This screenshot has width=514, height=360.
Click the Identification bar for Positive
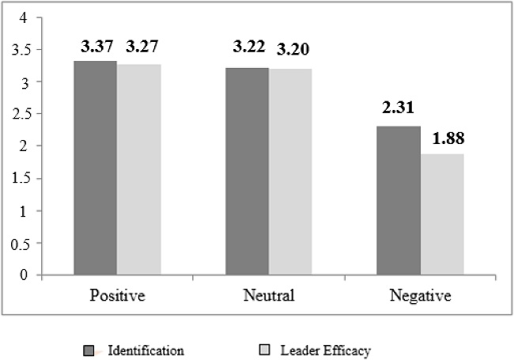[96, 168]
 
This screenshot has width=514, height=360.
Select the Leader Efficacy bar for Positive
[139, 169]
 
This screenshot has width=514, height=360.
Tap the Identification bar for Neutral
[247, 172]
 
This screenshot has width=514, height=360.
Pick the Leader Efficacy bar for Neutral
[290, 172]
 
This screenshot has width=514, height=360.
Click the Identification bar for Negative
[399, 201]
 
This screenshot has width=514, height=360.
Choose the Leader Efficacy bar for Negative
[442, 214]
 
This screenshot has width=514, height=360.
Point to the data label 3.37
[96, 46]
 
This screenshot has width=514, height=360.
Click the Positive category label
[117, 297]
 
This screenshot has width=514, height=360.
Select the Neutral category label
[269, 297]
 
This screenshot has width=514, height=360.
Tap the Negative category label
[421, 297]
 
